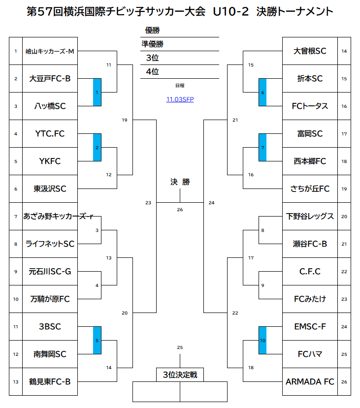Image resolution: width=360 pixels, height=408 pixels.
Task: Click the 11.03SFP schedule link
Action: (180, 99)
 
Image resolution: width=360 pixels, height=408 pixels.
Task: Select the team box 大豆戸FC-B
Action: (50, 78)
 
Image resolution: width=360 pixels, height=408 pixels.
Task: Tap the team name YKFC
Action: (50, 161)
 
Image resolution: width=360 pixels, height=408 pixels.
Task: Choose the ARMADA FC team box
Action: (310, 381)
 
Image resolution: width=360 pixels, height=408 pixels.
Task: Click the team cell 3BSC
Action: (50, 326)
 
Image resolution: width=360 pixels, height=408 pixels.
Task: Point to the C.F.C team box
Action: (310, 271)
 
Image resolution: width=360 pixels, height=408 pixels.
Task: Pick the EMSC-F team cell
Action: (310, 326)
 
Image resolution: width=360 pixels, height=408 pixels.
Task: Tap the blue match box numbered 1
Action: (97, 92)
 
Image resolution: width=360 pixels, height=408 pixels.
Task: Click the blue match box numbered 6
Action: (262, 92)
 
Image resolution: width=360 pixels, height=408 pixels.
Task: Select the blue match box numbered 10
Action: (262, 340)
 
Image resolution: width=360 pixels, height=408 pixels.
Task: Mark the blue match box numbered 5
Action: (97, 340)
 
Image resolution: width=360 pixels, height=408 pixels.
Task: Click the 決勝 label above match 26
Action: (180, 182)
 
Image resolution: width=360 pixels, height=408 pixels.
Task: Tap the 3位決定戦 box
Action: (180, 375)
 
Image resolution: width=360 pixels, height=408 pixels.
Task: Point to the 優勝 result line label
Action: (153, 31)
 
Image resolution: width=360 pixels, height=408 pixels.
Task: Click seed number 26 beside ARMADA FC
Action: (344, 381)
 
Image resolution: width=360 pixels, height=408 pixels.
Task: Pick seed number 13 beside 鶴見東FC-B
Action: (16, 381)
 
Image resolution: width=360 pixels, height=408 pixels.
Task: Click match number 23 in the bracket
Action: (148, 202)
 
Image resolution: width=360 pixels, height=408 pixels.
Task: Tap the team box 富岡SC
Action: (310, 133)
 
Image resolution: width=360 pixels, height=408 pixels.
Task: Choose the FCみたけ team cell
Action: (310, 299)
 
